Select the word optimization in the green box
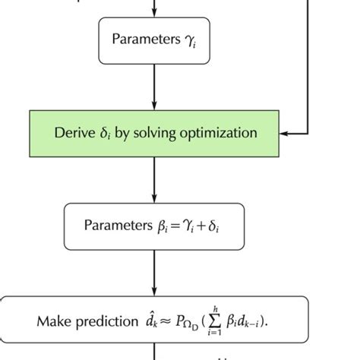click(x=220, y=133)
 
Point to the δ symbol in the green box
click(x=104, y=134)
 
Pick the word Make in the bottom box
click(x=52, y=321)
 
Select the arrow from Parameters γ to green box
click(x=155, y=87)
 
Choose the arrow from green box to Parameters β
click(x=155, y=179)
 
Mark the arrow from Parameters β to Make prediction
click(x=155, y=273)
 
